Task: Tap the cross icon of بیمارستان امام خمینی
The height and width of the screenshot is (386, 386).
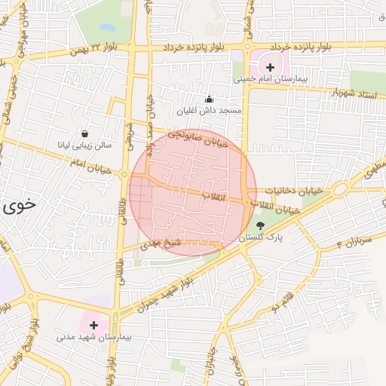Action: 271,68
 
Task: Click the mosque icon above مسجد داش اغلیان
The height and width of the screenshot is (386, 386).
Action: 209,100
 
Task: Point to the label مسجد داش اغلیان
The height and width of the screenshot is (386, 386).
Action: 209,111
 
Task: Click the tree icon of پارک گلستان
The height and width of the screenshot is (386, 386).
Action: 261,225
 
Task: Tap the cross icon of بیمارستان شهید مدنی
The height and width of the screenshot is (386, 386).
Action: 94,326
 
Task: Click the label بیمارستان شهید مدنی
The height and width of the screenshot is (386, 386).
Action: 94,338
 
